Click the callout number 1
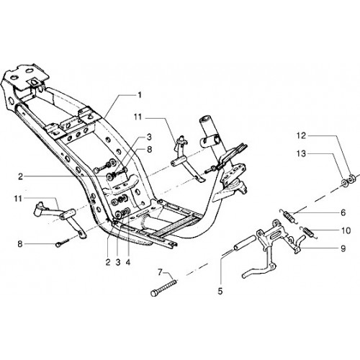140,95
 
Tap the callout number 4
127,263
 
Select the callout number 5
220,292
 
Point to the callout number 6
343,212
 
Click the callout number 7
160,272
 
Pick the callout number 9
343,248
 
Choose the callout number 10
346,230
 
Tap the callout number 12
301,136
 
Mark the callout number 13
301,153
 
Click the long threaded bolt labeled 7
164,287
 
